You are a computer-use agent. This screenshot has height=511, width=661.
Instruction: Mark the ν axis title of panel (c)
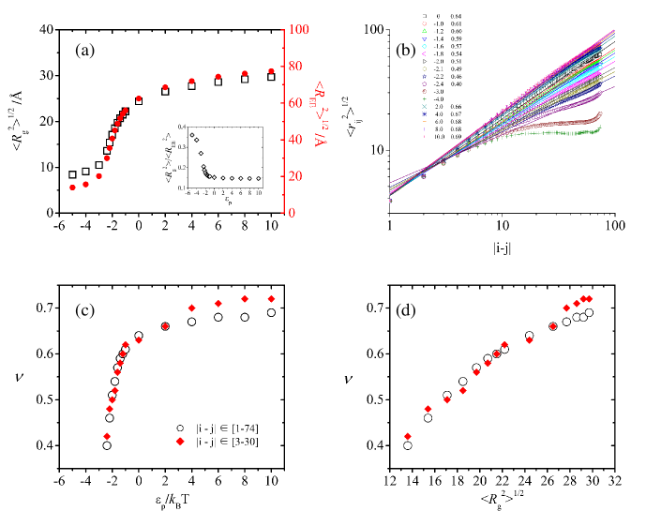coord(24,379)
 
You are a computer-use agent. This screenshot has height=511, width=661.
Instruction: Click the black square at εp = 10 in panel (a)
coord(272,77)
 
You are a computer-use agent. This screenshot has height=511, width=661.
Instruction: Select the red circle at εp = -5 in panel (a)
coord(72,188)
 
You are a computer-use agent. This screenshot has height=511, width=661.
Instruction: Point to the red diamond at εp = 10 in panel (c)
coord(272,299)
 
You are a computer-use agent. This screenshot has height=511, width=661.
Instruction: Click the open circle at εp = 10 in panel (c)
coord(272,312)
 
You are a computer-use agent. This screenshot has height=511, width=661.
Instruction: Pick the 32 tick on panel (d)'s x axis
coord(615,481)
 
